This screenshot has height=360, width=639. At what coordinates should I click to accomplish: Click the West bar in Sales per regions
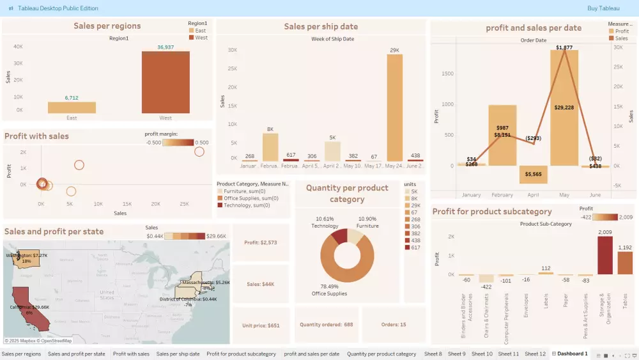(x=166, y=82)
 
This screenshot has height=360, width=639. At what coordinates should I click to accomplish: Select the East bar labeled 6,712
(x=72, y=107)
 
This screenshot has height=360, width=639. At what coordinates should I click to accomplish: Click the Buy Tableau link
(x=603, y=8)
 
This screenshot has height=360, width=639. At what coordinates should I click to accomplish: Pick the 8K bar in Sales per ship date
(x=270, y=147)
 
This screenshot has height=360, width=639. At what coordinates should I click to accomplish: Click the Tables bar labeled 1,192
(x=625, y=263)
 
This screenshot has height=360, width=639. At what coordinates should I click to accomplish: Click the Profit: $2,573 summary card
(x=261, y=243)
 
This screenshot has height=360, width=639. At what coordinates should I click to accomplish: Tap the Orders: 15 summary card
(x=394, y=324)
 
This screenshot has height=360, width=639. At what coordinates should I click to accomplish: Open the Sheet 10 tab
(x=482, y=354)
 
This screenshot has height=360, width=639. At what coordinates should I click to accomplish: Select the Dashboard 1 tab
(x=572, y=354)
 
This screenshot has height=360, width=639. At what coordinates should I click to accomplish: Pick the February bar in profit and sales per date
(x=502, y=135)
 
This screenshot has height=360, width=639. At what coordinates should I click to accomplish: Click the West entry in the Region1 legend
(x=200, y=38)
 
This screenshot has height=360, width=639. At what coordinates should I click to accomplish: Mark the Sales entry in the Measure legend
(x=620, y=38)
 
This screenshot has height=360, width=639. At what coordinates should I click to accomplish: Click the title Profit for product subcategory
(x=492, y=212)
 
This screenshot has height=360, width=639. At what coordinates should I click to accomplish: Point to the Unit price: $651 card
(x=261, y=325)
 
